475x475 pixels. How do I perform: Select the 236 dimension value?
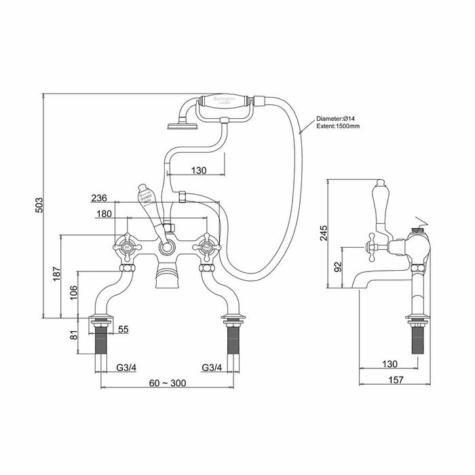tap(100, 198)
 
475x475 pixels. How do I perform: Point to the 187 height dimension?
tap(57, 273)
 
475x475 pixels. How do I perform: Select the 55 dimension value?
tap(123, 329)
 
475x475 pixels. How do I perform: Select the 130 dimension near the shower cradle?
tap(198, 170)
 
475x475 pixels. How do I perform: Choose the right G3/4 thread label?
tap(212, 368)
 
